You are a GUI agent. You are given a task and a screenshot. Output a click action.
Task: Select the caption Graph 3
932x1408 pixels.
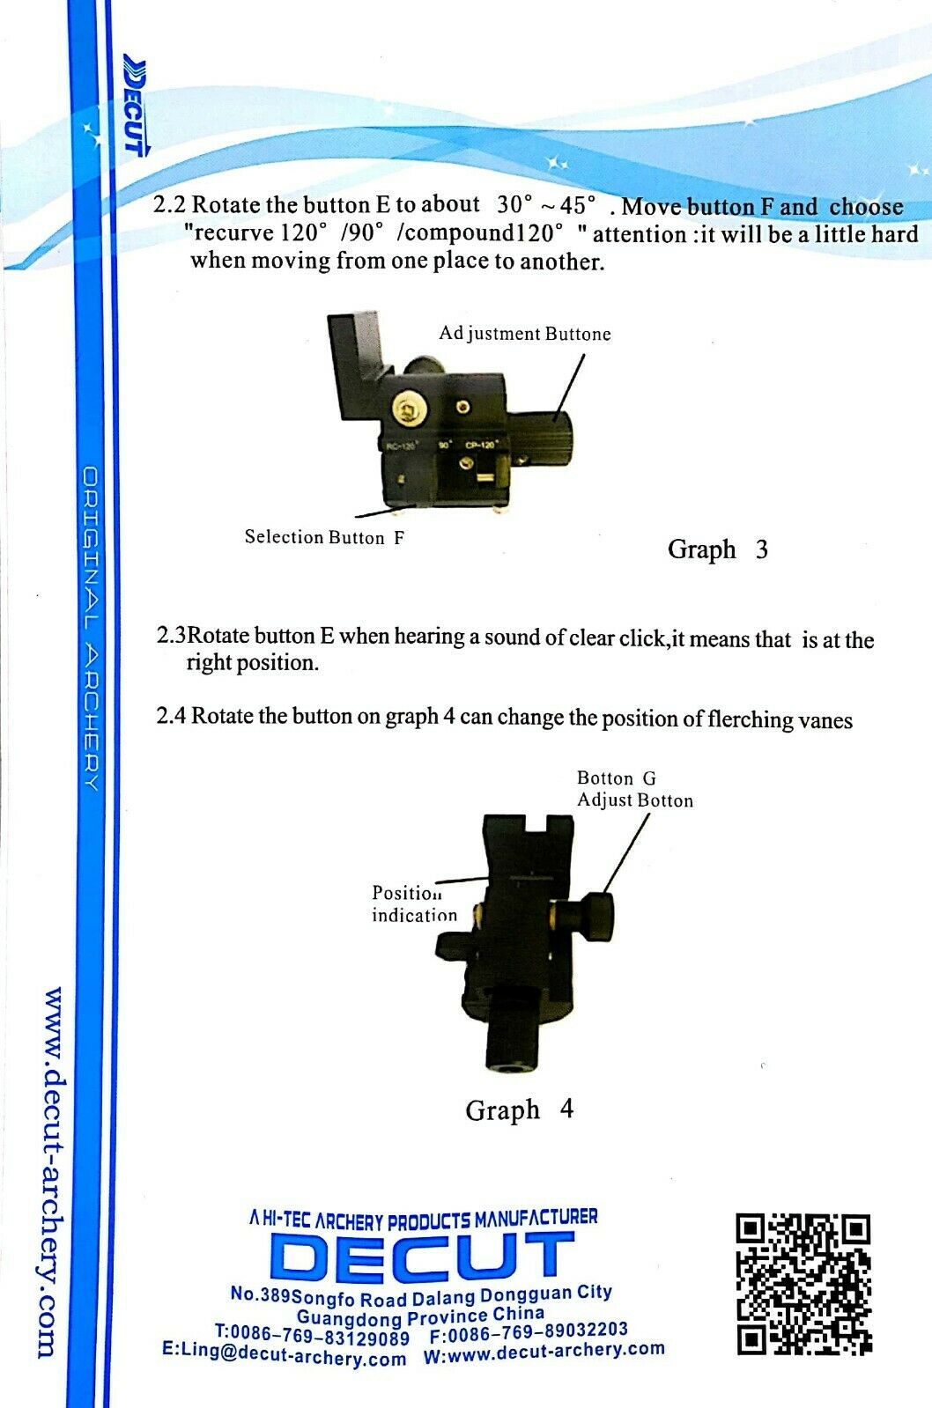(717, 549)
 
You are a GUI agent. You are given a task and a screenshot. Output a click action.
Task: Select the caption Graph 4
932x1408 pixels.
(519, 1109)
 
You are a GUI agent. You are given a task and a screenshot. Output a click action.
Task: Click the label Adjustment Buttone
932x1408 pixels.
(525, 334)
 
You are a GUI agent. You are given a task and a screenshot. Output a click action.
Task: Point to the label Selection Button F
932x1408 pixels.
(324, 537)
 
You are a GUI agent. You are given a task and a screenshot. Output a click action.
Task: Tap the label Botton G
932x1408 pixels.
(616, 778)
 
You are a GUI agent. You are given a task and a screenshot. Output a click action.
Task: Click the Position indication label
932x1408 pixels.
(414, 903)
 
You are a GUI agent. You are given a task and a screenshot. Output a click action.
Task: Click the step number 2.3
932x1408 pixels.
(171, 635)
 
